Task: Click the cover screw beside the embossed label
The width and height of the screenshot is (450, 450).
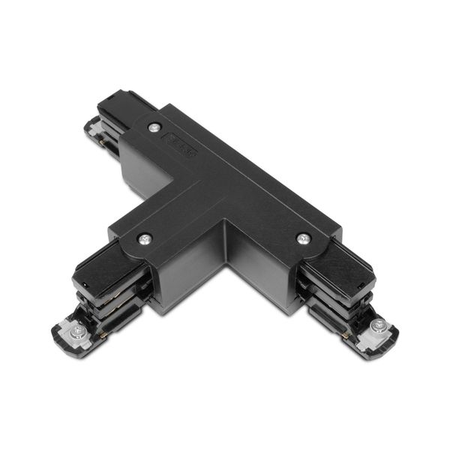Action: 154,127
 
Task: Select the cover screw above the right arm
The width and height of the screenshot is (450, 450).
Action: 302,238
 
